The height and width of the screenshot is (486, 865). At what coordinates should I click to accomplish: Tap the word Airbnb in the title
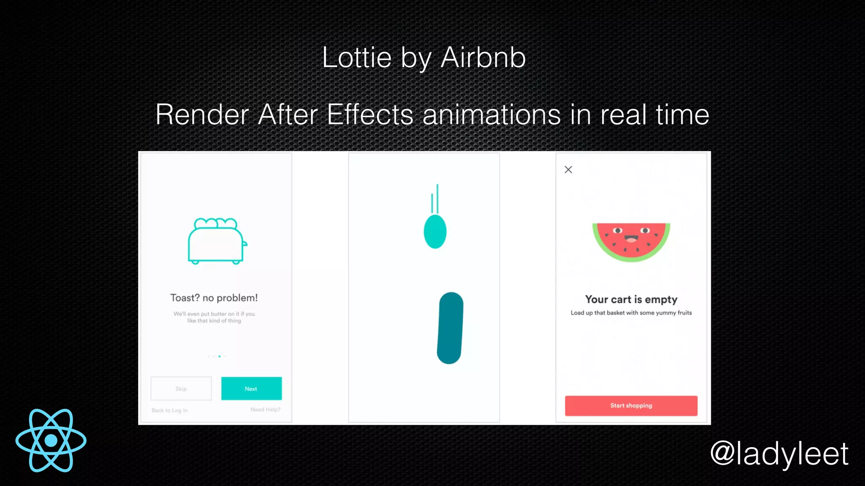(x=483, y=57)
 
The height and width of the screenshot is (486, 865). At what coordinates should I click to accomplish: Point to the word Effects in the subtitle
(x=370, y=114)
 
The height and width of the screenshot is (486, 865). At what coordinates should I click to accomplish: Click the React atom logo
(x=51, y=440)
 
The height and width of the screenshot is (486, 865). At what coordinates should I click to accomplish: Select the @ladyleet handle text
(x=779, y=454)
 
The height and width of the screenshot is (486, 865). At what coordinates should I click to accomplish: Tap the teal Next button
(x=251, y=389)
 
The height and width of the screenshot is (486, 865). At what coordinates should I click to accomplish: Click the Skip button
(x=181, y=389)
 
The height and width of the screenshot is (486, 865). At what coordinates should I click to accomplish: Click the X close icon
(x=569, y=170)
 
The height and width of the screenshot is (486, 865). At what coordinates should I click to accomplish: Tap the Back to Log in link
(x=169, y=410)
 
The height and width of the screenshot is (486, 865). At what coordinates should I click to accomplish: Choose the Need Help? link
(x=265, y=410)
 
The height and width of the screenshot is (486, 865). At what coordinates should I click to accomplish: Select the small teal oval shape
(x=435, y=232)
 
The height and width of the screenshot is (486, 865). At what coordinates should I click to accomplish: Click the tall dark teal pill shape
(x=450, y=328)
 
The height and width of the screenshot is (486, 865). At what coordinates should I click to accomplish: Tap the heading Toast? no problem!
(x=214, y=298)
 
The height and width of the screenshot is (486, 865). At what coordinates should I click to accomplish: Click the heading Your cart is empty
(x=631, y=300)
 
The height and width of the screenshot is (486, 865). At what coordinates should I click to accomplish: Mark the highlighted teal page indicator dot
(x=219, y=356)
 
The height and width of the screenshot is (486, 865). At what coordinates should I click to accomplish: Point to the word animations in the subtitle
(x=492, y=114)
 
